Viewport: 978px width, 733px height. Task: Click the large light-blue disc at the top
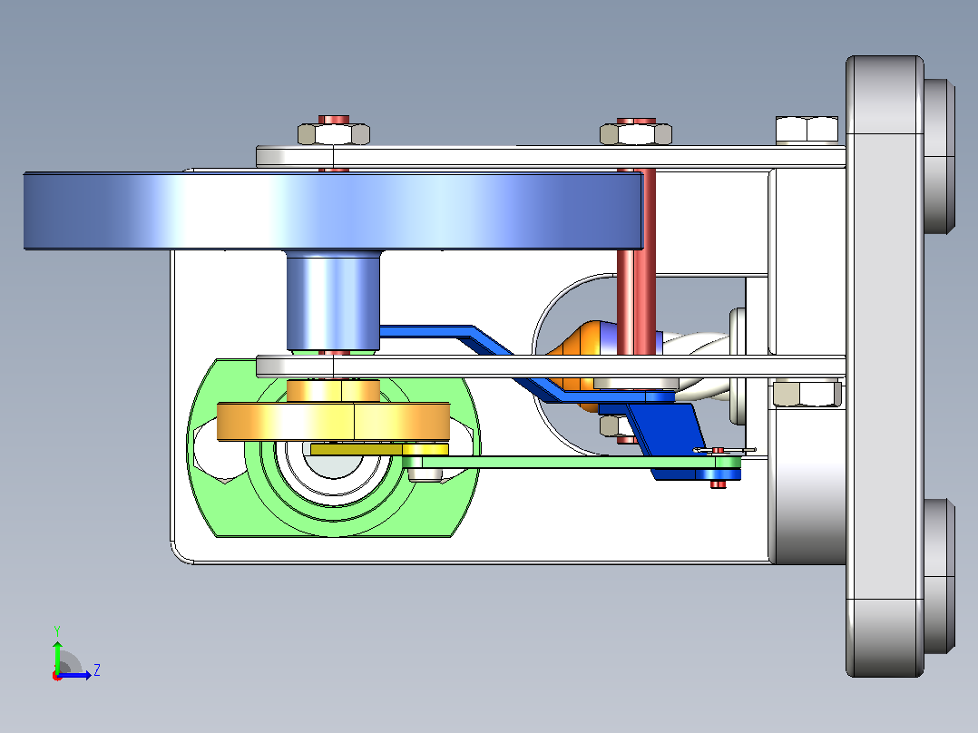point(333,210)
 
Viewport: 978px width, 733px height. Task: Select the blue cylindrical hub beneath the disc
point(333,299)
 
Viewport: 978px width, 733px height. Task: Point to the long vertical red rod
point(636,280)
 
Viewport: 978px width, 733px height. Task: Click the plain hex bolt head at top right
point(807,130)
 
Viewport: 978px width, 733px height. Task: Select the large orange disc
point(333,422)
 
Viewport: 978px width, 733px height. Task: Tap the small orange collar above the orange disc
point(333,390)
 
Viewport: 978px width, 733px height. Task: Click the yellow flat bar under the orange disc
point(379,449)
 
